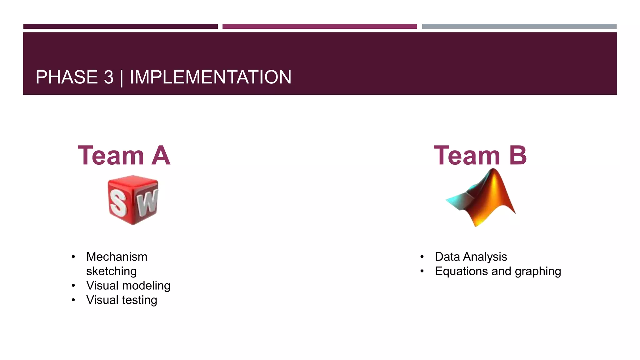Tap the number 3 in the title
[x=109, y=77]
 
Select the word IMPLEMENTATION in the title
[x=210, y=77]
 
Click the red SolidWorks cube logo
[x=133, y=200]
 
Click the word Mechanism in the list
[x=117, y=257]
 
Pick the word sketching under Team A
[x=111, y=271]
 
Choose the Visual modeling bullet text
[x=128, y=286]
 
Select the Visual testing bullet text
[x=122, y=300]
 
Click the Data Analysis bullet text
[x=471, y=257]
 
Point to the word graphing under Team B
[x=538, y=271]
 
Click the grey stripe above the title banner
[x=519, y=27]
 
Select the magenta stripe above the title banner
[x=319, y=27]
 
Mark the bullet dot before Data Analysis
[x=422, y=257]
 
